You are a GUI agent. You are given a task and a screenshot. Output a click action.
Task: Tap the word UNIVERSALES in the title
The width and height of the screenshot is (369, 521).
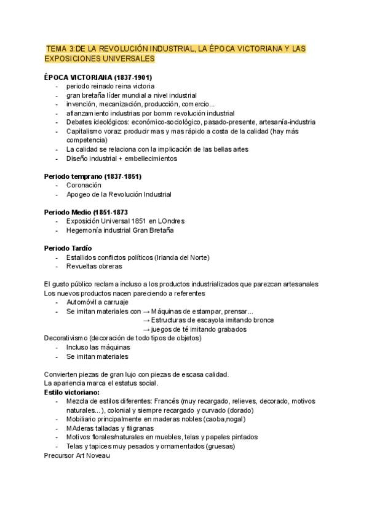click(x=126, y=58)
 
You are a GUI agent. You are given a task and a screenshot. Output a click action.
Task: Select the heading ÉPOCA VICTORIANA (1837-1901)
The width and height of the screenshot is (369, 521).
click(x=98, y=77)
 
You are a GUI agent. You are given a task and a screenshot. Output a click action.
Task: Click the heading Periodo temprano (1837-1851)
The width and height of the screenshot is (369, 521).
click(x=93, y=176)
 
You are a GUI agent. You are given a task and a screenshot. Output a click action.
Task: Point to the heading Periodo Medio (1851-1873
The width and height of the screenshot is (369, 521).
click(x=86, y=212)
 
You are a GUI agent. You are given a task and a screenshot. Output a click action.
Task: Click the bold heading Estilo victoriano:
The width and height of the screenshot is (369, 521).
click(x=73, y=392)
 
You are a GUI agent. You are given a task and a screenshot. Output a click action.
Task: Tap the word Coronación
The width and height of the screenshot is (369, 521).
click(x=84, y=185)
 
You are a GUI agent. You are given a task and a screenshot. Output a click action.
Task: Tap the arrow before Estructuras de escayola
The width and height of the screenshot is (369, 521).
click(x=146, y=320)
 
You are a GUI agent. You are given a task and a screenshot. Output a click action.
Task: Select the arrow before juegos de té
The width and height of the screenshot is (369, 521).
click(x=146, y=329)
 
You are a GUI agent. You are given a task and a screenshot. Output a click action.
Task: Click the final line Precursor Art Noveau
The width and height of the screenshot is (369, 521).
click(x=77, y=455)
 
